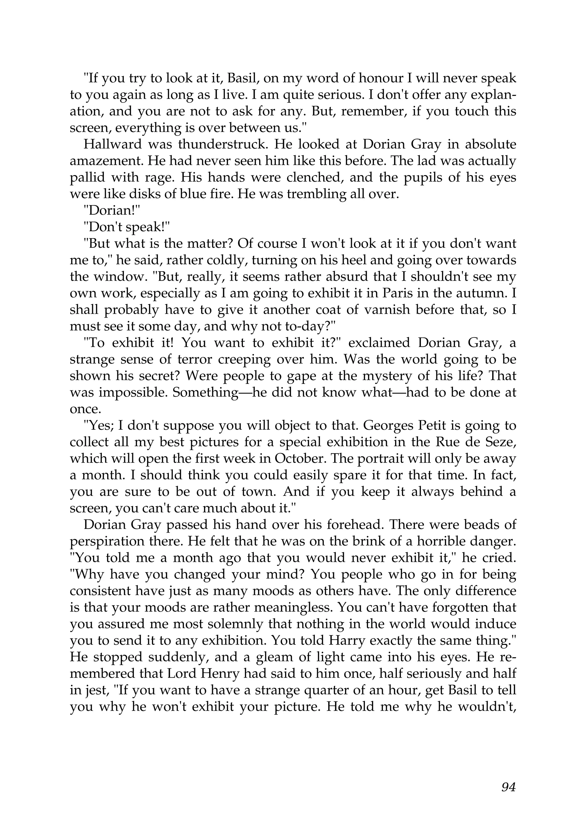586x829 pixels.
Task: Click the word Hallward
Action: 112,145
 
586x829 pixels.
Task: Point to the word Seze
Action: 501,443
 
